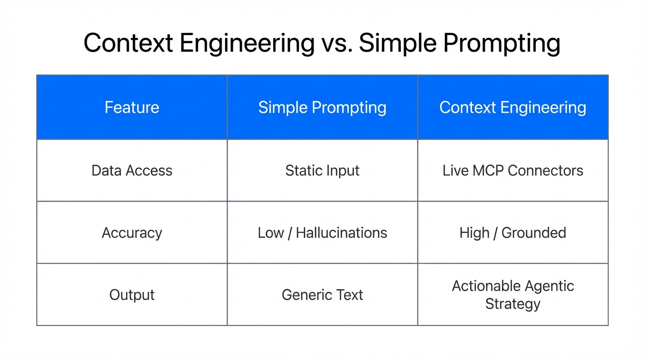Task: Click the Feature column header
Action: pos(132,107)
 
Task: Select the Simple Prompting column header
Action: pos(322,107)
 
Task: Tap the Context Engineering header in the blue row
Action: pos(512,107)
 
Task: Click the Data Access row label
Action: pos(132,170)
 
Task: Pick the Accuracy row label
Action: pos(132,232)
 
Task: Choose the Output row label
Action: pos(132,295)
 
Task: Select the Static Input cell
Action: pos(322,170)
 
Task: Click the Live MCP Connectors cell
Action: pos(512,170)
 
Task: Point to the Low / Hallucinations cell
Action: pos(322,232)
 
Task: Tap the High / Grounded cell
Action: pos(512,232)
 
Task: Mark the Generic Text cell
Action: pos(322,295)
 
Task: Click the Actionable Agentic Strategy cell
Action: pos(512,295)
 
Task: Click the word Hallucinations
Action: pos(341,232)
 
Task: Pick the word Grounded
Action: pos(533,232)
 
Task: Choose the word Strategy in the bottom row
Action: pos(512,304)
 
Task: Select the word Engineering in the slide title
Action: pos(247,43)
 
